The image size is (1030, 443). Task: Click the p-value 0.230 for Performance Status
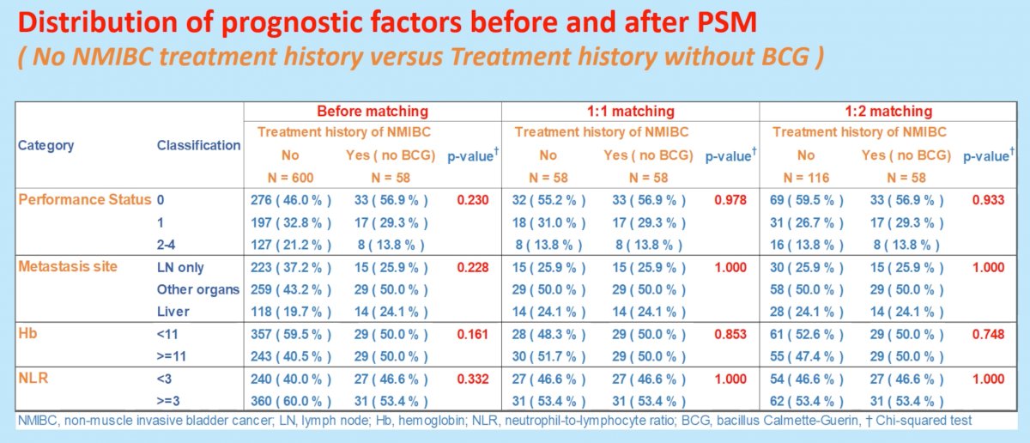tap(473, 200)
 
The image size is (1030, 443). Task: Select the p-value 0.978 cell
tap(730, 200)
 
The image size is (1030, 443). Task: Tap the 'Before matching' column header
tap(373, 111)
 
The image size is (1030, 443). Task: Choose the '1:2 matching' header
tap(888, 111)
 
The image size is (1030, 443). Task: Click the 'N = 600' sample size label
tap(290, 178)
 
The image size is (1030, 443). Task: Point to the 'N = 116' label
tap(806, 178)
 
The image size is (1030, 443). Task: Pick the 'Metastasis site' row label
tap(68, 266)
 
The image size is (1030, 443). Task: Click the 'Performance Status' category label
tap(85, 200)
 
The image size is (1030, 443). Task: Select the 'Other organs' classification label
tap(198, 289)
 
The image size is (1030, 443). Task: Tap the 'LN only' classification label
tap(180, 267)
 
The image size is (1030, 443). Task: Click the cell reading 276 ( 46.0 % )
tap(291, 200)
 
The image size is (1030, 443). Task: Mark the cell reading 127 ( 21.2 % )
tap(291, 245)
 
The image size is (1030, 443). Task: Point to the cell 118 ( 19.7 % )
tap(291, 312)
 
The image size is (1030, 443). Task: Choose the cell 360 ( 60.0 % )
tap(291, 401)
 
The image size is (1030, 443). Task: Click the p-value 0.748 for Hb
tap(988, 335)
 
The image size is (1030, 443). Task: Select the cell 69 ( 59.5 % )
tap(807, 200)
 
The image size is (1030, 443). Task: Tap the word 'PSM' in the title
tap(727, 22)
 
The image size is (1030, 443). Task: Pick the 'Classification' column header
tap(198, 145)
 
